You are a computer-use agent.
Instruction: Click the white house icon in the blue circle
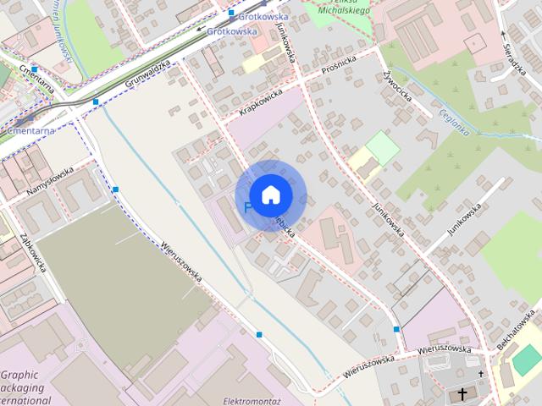click(x=270, y=195)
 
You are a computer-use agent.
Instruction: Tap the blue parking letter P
click(x=248, y=207)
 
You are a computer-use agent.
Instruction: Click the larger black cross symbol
click(x=462, y=393)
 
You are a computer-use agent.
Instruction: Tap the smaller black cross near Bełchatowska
click(x=481, y=373)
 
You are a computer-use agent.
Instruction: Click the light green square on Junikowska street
click(x=383, y=147)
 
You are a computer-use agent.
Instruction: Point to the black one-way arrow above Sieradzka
click(x=502, y=34)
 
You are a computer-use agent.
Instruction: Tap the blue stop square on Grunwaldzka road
click(x=96, y=101)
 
